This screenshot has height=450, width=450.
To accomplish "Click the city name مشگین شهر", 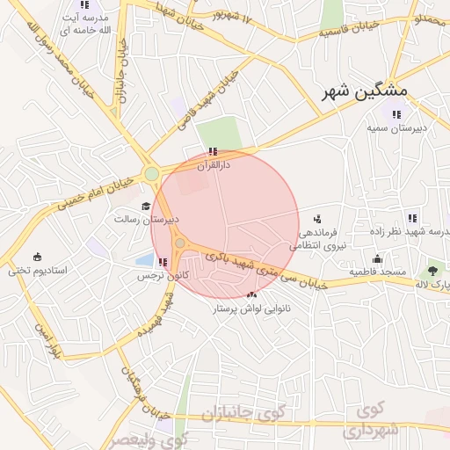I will [x=359, y=91].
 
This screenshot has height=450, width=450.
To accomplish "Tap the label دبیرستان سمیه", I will [x=397, y=127].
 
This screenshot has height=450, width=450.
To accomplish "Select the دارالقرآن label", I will [x=213, y=164].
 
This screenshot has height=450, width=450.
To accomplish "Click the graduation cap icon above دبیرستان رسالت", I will [x=146, y=206].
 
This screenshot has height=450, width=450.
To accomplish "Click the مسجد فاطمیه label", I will [x=379, y=272].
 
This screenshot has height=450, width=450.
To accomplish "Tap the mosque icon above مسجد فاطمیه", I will [x=377, y=258].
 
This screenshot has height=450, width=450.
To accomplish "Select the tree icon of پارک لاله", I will [x=432, y=271].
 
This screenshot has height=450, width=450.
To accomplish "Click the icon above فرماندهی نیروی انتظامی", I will [x=317, y=217].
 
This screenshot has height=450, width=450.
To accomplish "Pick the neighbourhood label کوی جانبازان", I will [x=238, y=413].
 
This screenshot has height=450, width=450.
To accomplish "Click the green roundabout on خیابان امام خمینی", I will [x=152, y=174].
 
